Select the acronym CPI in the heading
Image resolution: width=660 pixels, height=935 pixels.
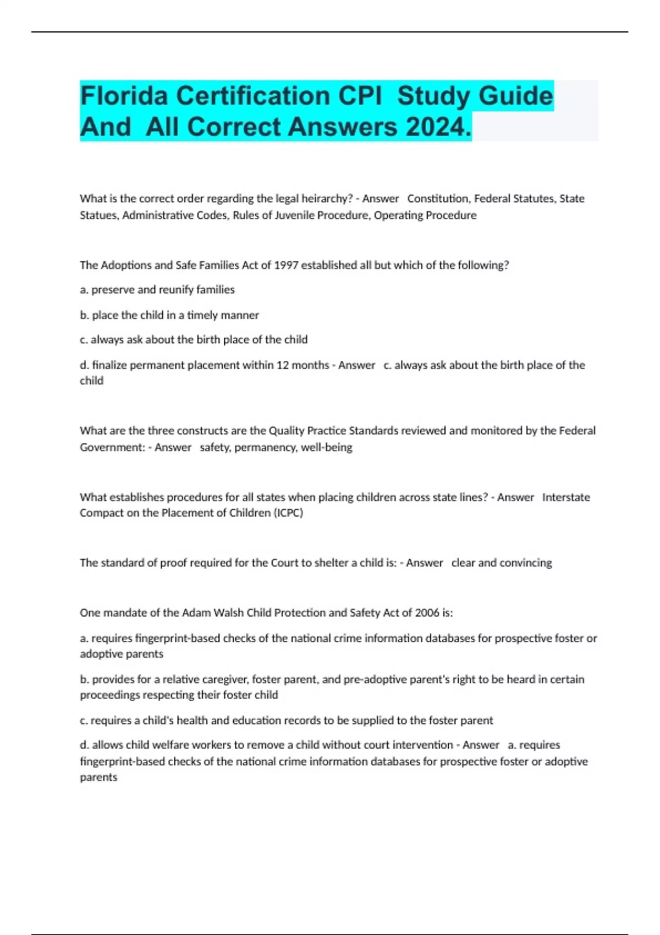click(360, 96)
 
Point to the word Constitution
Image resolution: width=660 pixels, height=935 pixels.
click(438, 199)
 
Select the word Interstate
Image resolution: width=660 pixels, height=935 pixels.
click(566, 497)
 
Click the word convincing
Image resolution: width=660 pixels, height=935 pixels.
click(525, 563)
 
